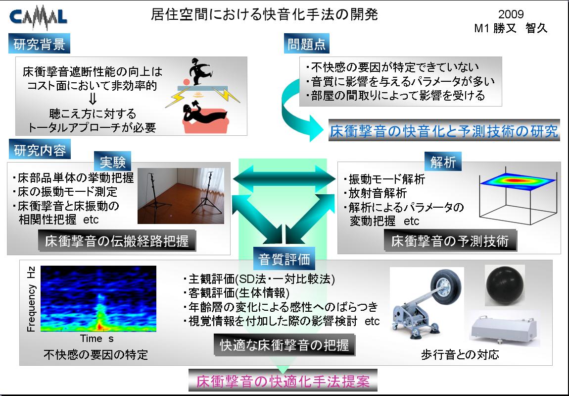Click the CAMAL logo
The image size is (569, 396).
(x=38, y=17)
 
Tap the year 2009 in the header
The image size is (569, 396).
(x=511, y=14)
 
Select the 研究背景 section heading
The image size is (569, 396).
(x=39, y=44)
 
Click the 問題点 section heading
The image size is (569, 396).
(x=307, y=44)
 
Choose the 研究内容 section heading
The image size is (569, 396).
(x=40, y=150)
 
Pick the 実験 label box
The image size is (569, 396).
(x=112, y=162)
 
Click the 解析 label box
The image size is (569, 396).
(x=443, y=162)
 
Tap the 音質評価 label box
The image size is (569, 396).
(x=284, y=259)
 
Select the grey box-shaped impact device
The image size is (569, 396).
(x=503, y=330)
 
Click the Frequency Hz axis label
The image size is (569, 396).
(x=31, y=299)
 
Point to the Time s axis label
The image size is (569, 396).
(x=97, y=339)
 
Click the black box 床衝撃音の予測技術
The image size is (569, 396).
(x=450, y=240)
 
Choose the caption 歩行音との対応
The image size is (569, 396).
(x=460, y=354)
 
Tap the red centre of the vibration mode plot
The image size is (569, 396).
(x=516, y=180)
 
